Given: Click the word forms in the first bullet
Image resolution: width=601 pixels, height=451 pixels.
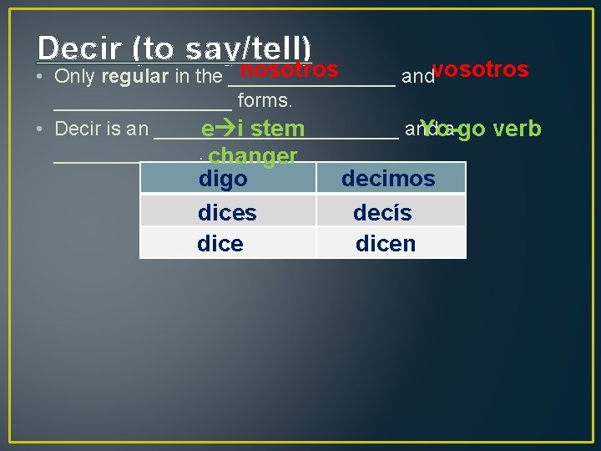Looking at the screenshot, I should point(265,101).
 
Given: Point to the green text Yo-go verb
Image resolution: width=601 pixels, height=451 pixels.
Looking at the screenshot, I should point(481,129).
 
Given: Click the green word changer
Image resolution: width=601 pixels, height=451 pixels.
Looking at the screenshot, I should point(253,156).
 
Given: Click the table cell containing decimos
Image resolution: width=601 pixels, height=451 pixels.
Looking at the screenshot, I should point(390,178).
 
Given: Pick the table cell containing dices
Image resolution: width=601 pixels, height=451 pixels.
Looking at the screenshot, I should point(228,212).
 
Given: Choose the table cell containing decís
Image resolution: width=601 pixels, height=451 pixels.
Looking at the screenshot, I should point(390,212).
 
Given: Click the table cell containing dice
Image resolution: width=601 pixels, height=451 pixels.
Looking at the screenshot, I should point(228,244).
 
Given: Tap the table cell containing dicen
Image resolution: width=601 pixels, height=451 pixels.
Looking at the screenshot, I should point(390,244).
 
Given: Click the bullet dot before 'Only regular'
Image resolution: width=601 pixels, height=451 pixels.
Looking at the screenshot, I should point(41,77).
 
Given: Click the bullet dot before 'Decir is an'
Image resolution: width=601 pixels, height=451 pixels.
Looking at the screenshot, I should point(41,129).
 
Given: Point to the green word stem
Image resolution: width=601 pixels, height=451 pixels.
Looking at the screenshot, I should point(277,129).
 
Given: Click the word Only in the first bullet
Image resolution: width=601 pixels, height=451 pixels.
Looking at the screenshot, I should point(74,78).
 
